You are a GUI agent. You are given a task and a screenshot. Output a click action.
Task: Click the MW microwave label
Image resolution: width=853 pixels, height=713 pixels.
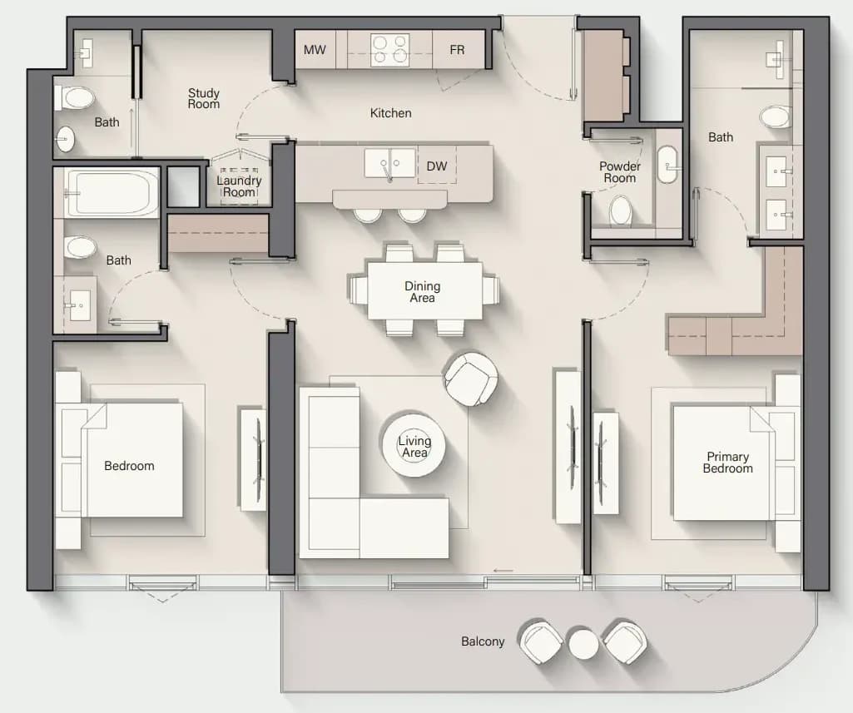click(x=315, y=50)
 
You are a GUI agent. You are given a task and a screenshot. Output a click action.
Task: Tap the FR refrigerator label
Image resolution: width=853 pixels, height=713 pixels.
click(x=457, y=50)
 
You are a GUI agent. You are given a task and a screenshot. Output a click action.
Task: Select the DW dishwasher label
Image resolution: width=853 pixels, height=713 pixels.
click(x=437, y=166)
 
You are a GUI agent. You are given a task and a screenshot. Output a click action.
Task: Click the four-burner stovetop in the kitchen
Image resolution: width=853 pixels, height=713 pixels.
click(x=390, y=50)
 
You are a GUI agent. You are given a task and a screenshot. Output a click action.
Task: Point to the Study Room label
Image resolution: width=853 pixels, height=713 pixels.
click(x=203, y=98)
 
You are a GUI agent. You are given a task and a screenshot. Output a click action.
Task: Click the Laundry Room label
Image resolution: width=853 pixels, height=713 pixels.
click(x=239, y=186)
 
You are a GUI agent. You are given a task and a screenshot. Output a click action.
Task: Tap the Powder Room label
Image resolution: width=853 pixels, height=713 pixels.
click(x=620, y=172)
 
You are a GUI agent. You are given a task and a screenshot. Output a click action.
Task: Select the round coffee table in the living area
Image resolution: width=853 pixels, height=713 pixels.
click(x=414, y=446)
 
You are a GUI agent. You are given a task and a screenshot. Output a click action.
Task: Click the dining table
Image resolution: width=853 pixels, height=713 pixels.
click(x=424, y=291)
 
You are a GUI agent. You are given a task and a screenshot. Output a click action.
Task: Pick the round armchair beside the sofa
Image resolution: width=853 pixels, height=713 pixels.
click(x=470, y=379)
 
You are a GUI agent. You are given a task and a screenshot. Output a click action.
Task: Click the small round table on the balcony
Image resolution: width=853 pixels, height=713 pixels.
click(x=583, y=644)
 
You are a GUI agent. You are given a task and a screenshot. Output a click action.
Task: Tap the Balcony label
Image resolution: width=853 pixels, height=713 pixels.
click(x=483, y=641)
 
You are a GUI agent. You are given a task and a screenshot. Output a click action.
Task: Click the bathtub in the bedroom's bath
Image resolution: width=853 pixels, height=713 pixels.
click(x=112, y=192)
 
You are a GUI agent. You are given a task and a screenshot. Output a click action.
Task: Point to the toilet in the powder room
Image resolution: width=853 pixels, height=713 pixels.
click(x=621, y=210)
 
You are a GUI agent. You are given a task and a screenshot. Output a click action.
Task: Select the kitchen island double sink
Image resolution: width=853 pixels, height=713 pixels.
click(x=390, y=164)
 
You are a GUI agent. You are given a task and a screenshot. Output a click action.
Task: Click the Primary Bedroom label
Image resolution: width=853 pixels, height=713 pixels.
click(x=727, y=463)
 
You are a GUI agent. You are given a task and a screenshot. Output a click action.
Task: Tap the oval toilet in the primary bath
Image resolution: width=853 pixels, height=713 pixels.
click(x=775, y=117)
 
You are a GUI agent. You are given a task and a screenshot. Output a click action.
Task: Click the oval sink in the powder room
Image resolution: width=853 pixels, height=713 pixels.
click(x=667, y=164)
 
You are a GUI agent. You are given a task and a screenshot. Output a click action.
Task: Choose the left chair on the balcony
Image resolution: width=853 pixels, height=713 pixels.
click(x=541, y=641)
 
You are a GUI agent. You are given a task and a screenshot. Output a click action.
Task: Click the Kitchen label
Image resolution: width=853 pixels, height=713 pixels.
click(x=390, y=113)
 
